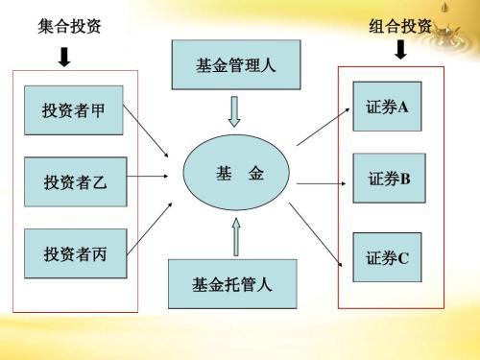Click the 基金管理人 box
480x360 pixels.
(234, 66)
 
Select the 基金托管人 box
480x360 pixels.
(231, 284)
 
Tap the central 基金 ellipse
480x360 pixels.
(234, 175)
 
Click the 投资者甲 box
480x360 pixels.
(74, 112)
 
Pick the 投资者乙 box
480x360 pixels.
(74, 180)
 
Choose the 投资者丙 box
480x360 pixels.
(74, 253)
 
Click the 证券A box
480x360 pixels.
(388, 108)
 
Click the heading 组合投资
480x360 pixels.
(400, 26)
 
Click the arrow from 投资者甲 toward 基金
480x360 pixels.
(150, 132)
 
